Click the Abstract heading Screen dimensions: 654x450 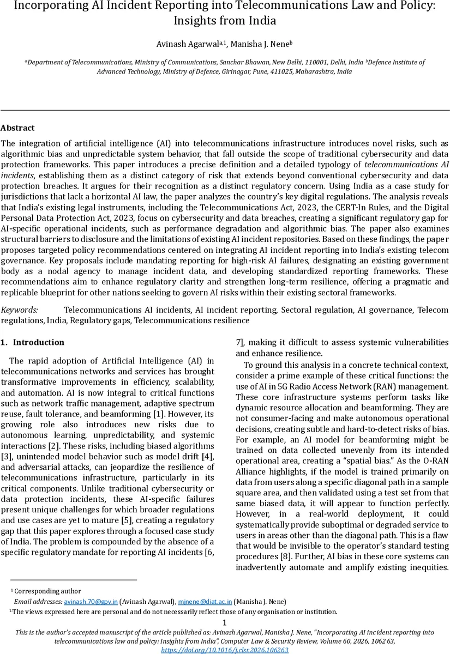coord(17,128)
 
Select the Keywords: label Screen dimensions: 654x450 coord(19,310)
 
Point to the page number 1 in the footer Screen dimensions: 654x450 coord(225,623)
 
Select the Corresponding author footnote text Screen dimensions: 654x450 coord(47,591)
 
